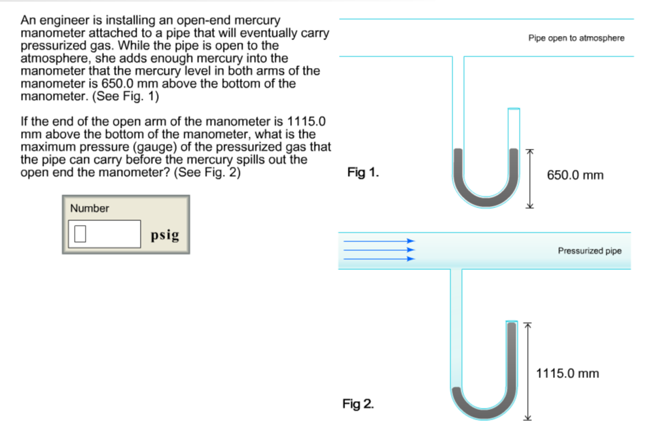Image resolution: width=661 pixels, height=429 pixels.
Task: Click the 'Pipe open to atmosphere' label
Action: click(576, 38)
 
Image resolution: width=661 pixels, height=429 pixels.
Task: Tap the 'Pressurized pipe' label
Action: click(589, 251)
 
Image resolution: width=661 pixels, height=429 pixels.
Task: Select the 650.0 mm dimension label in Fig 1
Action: click(575, 175)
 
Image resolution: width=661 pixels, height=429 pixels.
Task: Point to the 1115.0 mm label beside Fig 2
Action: click(567, 373)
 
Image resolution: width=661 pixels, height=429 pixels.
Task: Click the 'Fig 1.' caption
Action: click(363, 173)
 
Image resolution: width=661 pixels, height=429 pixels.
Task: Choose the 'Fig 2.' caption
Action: click(358, 405)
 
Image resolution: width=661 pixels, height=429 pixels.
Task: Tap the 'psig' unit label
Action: click(165, 235)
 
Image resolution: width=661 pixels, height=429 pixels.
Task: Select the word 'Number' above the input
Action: click(89, 209)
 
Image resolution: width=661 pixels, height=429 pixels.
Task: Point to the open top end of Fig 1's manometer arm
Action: click(514, 109)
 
